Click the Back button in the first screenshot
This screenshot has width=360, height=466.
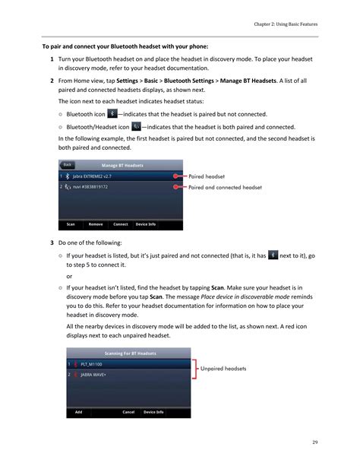pyautogui.click(x=68, y=164)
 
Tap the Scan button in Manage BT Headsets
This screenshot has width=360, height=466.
pyautogui.click(x=71, y=224)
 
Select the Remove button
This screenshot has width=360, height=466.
pyautogui.click(x=96, y=224)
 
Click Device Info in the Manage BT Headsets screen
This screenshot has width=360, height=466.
pyautogui.click(x=146, y=224)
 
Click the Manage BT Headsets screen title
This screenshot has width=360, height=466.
pyautogui.click(x=122, y=165)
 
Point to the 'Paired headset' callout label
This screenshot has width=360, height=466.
pyautogui.click(x=207, y=176)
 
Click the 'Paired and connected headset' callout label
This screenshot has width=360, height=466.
pyautogui.click(x=225, y=186)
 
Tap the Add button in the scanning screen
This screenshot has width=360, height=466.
pyautogui.click(x=78, y=412)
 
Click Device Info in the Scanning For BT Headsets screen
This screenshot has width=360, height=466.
pyautogui.click(x=153, y=412)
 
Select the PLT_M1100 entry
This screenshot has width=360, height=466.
pyautogui.click(x=93, y=364)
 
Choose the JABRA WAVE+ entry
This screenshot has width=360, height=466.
pyautogui.click(x=94, y=375)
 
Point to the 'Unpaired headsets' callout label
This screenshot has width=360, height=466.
pyautogui.click(x=223, y=369)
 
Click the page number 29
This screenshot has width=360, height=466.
pyautogui.click(x=314, y=442)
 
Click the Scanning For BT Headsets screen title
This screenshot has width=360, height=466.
pyautogui.click(x=131, y=353)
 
